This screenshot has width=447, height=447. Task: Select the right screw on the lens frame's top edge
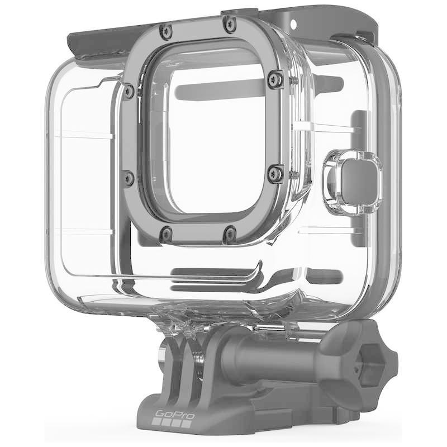[x=229, y=23]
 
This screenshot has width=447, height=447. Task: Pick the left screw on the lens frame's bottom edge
[x=166, y=233]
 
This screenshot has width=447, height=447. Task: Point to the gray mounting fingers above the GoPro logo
[x=179, y=363]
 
